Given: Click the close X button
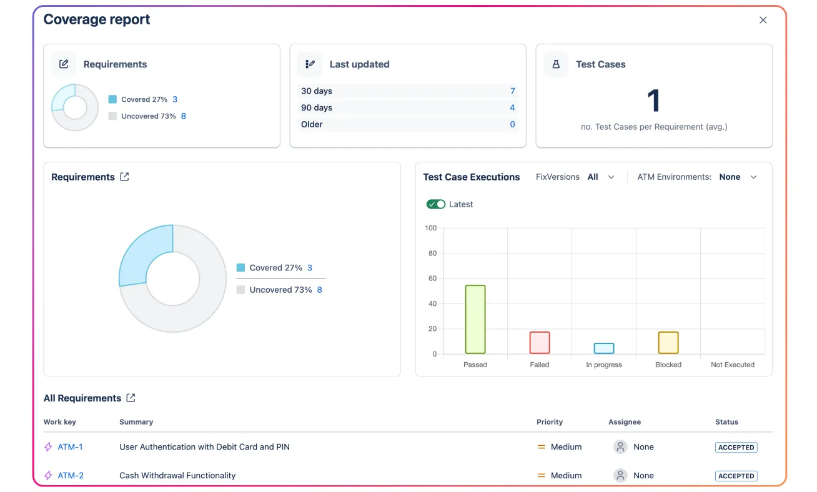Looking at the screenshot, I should pos(763,20).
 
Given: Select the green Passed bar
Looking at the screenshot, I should pos(475,319).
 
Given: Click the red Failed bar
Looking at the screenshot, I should pos(540,342).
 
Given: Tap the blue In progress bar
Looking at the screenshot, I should pos(604,348).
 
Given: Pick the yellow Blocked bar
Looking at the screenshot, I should pos(668,342).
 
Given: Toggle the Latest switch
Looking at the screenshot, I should pos(436,204).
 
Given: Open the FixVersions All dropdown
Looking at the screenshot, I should pos(601,177).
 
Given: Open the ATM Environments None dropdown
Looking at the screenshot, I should pos(738,177).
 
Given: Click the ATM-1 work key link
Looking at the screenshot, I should pos(70,447).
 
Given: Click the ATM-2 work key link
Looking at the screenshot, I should pos(71,476).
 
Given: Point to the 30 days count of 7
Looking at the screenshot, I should pos(512,91).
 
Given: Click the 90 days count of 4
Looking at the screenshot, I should pos(512,108).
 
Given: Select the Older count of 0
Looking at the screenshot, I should pos(512,125).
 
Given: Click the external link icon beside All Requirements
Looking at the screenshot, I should pos(131,398).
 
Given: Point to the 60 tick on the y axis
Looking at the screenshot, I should pos(432,278).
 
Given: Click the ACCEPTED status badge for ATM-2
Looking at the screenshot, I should pos(736,476).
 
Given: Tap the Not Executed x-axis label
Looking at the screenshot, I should pos(732,365).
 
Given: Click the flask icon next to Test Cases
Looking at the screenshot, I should pos(556,64).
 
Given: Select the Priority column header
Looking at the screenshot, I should pos(549,422).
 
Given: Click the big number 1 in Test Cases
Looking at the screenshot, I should pos(653,101).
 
